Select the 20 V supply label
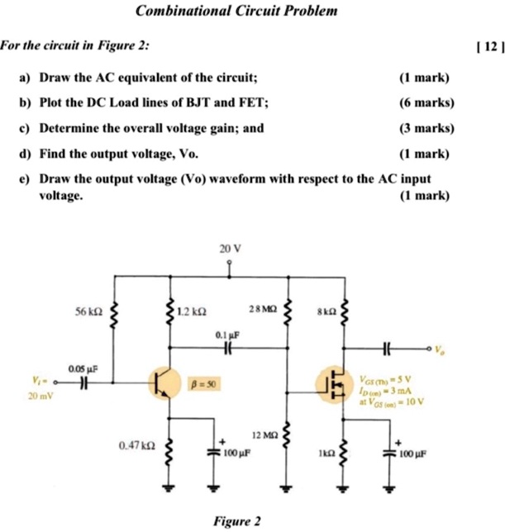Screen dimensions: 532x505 click(231, 248)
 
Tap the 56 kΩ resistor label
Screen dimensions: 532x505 click(88, 313)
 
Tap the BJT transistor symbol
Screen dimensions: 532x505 click(165, 384)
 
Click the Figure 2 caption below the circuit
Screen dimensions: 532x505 click(236, 521)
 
